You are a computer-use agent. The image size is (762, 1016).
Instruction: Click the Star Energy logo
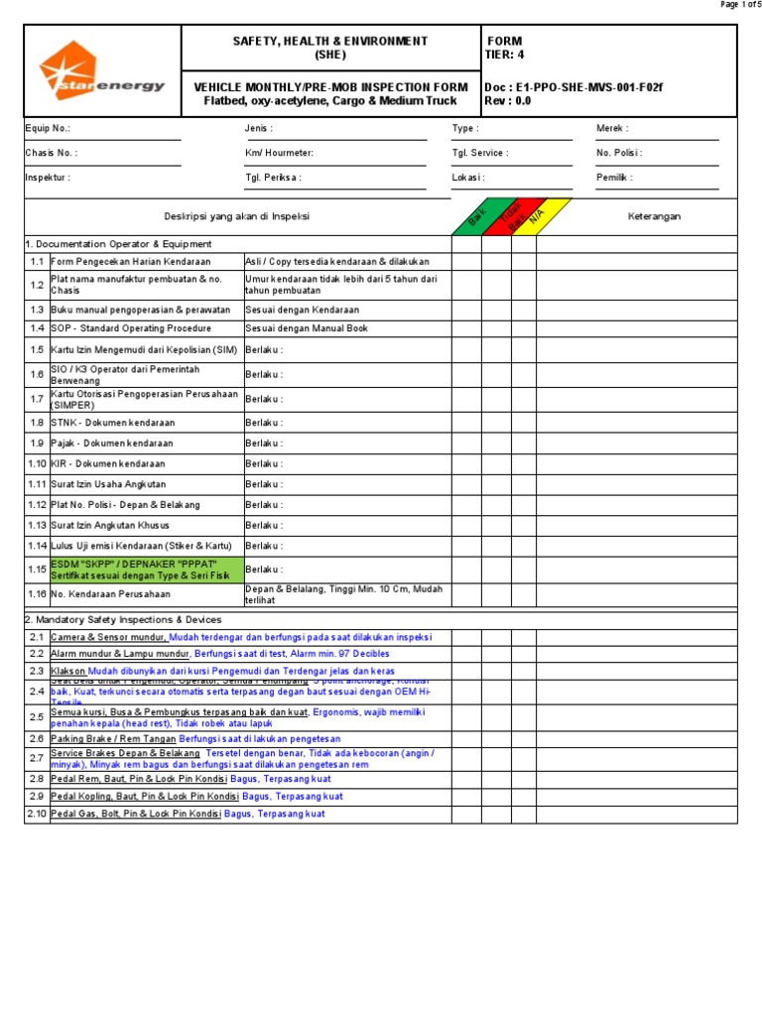101,72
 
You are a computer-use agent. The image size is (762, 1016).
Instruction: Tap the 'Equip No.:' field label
48,129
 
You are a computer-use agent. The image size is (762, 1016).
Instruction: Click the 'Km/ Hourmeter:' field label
279,153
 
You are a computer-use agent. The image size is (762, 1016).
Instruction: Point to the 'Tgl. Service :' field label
480,153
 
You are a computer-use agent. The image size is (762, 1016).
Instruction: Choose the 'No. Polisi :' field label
619,153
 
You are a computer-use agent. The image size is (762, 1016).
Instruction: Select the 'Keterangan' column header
654,217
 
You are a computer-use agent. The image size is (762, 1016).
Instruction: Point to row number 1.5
37,349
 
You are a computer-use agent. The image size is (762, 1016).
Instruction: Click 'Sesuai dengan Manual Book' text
303,327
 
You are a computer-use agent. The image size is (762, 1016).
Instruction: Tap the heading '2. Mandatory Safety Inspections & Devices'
123,619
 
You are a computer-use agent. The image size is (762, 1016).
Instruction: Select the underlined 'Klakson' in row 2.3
68,671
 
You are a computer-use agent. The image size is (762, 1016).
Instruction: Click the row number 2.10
37,814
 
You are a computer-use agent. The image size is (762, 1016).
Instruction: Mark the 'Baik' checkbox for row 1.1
466,262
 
